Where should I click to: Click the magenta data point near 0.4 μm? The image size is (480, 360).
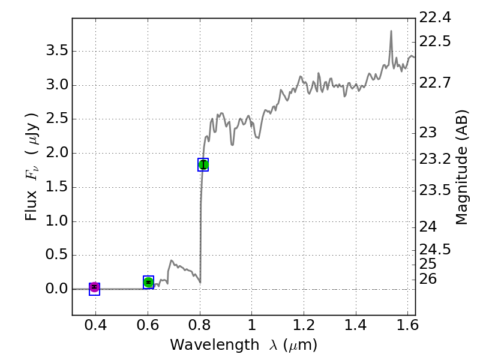click(x=94, y=288)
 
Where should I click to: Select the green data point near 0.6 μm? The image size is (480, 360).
click(x=148, y=282)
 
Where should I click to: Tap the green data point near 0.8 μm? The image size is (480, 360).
click(x=203, y=164)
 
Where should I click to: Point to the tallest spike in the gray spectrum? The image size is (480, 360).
click(x=391, y=31)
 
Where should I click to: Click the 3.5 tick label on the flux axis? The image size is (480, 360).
click(x=57, y=50)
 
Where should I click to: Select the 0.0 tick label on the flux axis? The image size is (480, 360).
click(x=57, y=289)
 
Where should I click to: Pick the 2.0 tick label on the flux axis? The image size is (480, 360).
click(x=57, y=153)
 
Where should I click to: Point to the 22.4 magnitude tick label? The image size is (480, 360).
click(x=434, y=18)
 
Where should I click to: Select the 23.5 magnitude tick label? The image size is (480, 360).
click(x=434, y=190)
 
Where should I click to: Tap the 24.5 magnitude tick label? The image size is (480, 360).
click(x=434, y=249)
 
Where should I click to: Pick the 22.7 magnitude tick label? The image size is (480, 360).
click(x=434, y=82)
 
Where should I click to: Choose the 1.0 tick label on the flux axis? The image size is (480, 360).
click(x=57, y=221)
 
